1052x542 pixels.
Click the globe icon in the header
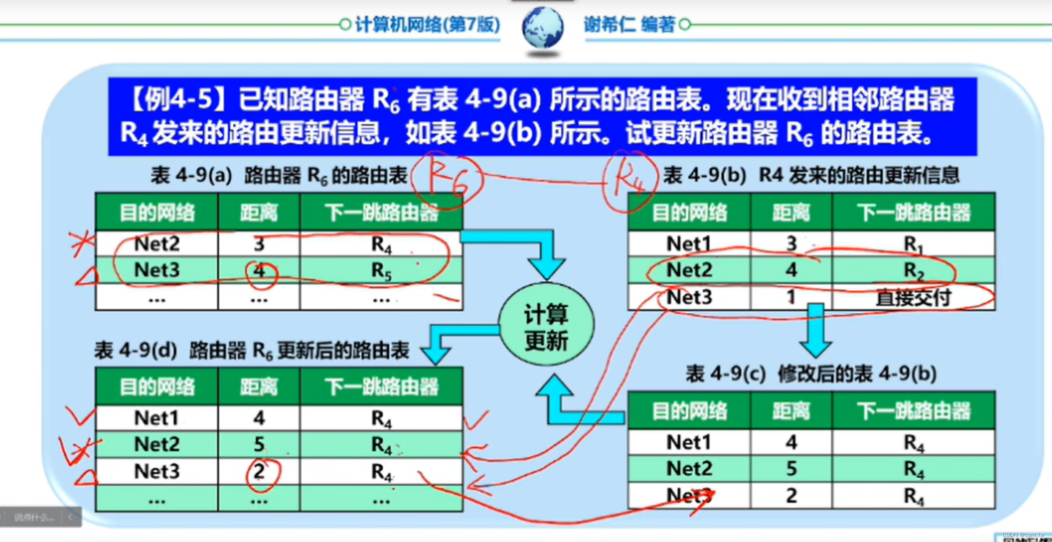(x=543, y=28)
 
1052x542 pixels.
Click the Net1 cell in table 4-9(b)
(x=689, y=243)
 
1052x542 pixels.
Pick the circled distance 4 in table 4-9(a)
(x=260, y=271)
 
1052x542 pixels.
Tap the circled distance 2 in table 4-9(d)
(x=260, y=472)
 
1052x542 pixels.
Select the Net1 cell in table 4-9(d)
(x=156, y=418)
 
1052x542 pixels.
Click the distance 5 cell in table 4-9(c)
(x=791, y=469)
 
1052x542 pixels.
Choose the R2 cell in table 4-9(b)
(x=913, y=270)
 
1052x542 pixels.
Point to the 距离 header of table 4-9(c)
(x=791, y=411)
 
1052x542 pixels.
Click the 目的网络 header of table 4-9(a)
(x=156, y=212)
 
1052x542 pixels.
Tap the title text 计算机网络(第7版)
(x=427, y=24)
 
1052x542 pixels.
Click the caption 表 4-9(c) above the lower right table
(x=725, y=374)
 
